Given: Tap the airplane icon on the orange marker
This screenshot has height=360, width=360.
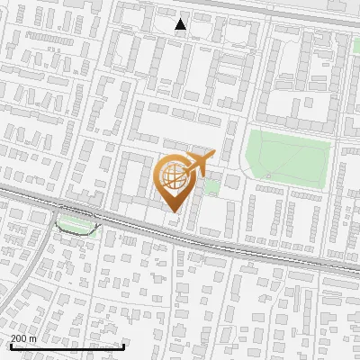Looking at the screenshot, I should coord(197,164).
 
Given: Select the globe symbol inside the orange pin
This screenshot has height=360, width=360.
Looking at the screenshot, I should coord(175,177).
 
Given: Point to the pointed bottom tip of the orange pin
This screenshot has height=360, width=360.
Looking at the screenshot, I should coord(174,211).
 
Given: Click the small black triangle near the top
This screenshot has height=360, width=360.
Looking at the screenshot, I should coord(181,24).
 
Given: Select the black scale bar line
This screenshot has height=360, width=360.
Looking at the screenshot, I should coord(67,346).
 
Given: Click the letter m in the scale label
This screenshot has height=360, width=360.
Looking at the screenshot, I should coord(34,338).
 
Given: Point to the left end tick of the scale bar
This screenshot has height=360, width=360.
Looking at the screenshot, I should coord(12,346).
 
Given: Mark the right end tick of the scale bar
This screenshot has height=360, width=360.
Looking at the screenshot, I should coord(123,346).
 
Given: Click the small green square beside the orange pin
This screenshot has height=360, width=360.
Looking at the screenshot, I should coord(212,186).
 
